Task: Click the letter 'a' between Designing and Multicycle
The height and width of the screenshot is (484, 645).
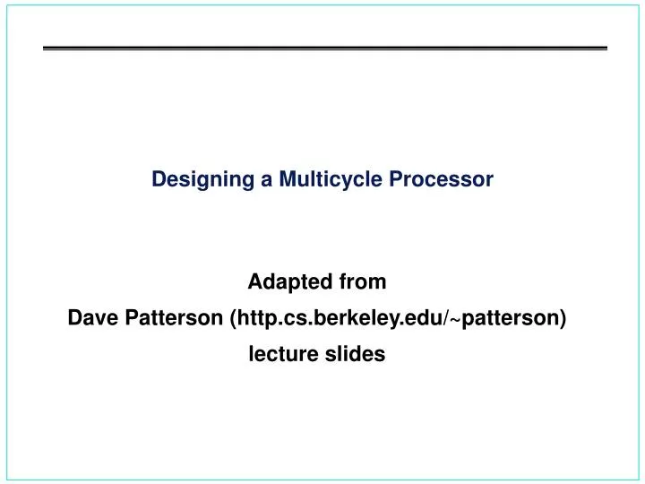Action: (266, 179)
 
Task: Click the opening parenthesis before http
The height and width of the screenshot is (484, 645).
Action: (234, 318)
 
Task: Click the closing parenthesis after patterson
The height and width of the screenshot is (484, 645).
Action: (562, 318)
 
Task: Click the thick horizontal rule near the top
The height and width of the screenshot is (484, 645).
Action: (325, 48)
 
